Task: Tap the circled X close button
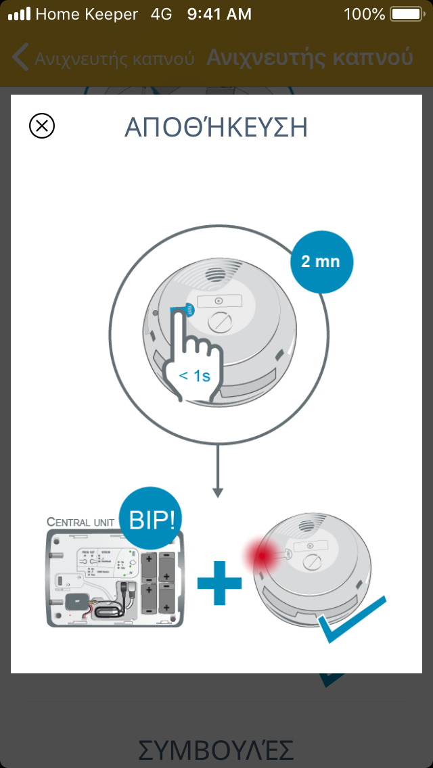pyautogui.click(x=42, y=126)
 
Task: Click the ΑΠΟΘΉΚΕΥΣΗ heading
pyautogui.click(x=216, y=127)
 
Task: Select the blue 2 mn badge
pyautogui.click(x=321, y=262)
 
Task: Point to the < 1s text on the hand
pyautogui.click(x=194, y=376)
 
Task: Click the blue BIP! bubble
pyautogui.click(x=152, y=519)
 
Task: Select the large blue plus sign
pyautogui.click(x=219, y=581)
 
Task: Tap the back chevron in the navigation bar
pyautogui.click(x=20, y=58)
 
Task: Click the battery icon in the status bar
pyautogui.click(x=406, y=14)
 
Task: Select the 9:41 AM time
pyautogui.click(x=219, y=14)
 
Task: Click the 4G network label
pyautogui.click(x=162, y=14)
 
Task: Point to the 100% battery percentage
pyautogui.click(x=364, y=14)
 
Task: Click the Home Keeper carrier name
pyautogui.click(x=87, y=14)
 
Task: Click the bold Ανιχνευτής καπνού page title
pyautogui.click(x=309, y=58)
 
